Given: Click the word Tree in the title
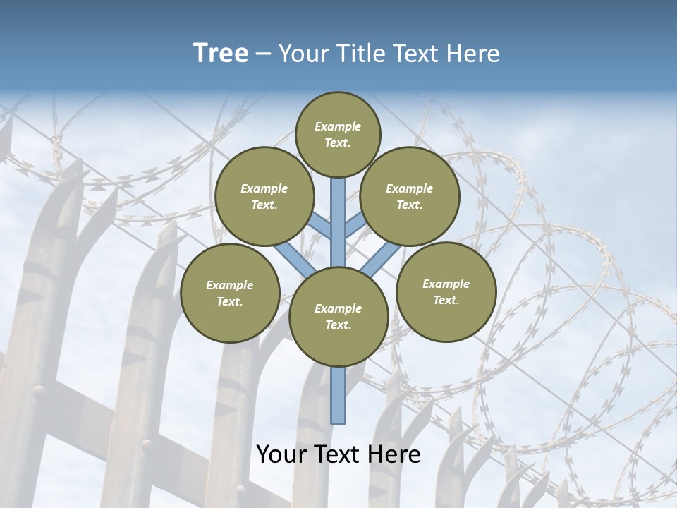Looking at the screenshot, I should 220,54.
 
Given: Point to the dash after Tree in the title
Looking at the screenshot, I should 264,54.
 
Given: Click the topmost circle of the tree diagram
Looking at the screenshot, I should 338,134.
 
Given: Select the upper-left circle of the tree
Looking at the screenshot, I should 264,196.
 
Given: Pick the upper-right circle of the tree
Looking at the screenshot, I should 410,196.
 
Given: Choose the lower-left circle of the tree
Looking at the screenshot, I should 230,293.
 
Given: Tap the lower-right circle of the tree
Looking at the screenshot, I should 446,291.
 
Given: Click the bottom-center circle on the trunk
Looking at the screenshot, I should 338,316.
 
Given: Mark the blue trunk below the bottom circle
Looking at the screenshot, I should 338,395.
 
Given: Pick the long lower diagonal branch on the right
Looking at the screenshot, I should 381,259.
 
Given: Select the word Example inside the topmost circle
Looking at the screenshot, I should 338,126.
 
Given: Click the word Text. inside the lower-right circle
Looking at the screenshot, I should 446,300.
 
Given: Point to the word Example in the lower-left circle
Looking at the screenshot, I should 229,285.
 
